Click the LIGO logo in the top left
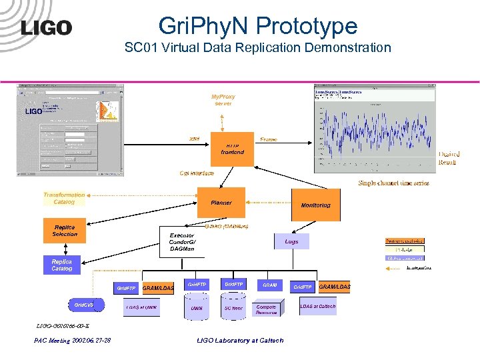tap(46, 27)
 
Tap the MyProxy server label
tap(223, 100)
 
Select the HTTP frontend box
tap(232, 149)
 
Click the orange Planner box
tap(221, 202)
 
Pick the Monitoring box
tap(315, 205)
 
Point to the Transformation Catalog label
tap(64, 198)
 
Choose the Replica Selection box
tap(65, 231)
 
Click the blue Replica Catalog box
tap(62, 265)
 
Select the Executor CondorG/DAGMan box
tap(182, 242)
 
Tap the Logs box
tap(291, 241)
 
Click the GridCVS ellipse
tap(84, 305)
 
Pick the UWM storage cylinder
tap(196, 307)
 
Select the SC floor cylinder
tap(233, 307)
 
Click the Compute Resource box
tap(267, 309)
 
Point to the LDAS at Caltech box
tap(318, 306)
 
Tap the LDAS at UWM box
tap(141, 307)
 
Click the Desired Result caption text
tap(449, 158)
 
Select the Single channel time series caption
tap(393, 183)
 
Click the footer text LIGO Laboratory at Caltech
tap(240, 340)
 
